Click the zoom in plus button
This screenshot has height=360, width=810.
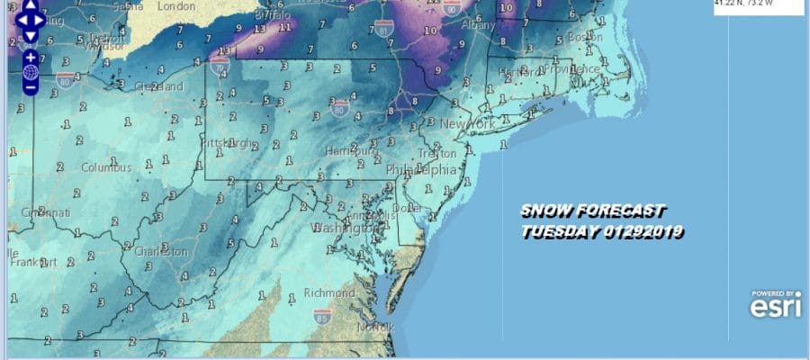[x=30, y=56]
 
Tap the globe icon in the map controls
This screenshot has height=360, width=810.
[x=30, y=72]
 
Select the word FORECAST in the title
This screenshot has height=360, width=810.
[x=620, y=212]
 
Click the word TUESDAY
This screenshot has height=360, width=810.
[x=559, y=231]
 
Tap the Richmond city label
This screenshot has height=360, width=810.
[x=331, y=293]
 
